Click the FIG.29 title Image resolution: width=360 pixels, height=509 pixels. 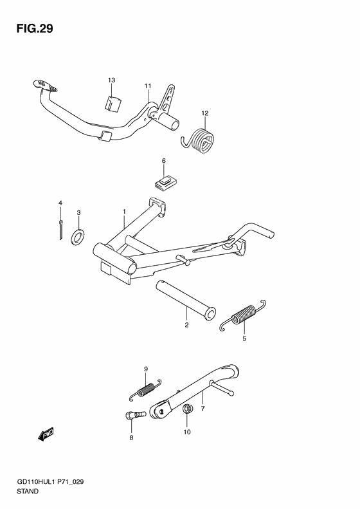click(35, 28)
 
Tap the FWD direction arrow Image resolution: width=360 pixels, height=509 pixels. click(46, 434)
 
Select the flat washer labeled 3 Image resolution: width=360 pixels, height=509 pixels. click(78, 237)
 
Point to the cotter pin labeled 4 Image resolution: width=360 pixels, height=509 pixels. click(60, 230)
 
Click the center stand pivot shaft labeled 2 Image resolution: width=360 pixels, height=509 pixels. click(186, 298)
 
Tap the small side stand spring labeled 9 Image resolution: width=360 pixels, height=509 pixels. click(145, 389)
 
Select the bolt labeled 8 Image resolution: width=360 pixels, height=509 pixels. click(135, 415)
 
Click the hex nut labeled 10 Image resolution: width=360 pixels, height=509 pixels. click(187, 409)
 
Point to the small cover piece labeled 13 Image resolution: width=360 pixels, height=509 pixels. click(113, 103)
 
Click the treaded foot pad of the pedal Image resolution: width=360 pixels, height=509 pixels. click(45, 86)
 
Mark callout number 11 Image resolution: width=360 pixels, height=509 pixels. click(148, 86)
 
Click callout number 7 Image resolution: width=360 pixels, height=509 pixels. click(203, 409)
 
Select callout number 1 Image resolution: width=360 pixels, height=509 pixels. click(124, 212)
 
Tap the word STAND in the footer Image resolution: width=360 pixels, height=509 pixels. click(27, 491)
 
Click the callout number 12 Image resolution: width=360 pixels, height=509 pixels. click(204, 113)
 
